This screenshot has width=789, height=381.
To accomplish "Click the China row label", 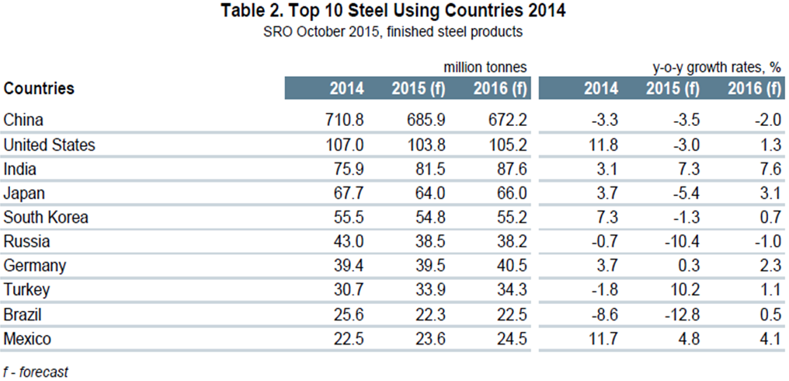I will (x=23, y=121).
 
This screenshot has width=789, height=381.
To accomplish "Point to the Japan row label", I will (x=23, y=193).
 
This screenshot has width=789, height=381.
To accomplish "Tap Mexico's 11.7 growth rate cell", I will (x=603, y=338).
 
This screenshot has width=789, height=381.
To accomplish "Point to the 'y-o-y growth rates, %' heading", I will (x=716, y=68).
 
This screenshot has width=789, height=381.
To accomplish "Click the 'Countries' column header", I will (x=39, y=89).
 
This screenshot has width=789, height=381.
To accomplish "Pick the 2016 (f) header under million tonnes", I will (x=500, y=89).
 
